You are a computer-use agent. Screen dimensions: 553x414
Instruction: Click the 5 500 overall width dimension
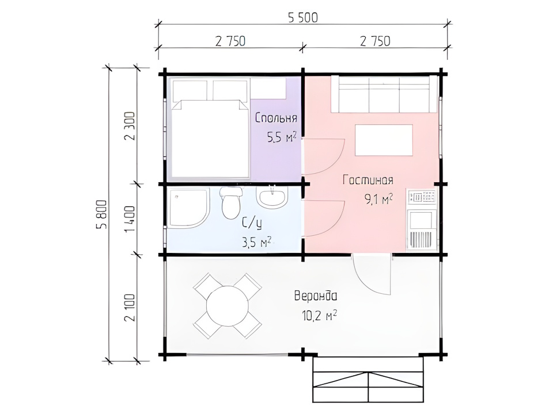coord(303,17)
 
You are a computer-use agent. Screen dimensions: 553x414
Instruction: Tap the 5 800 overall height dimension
coord(101,214)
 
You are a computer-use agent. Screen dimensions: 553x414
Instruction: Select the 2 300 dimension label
coord(130,126)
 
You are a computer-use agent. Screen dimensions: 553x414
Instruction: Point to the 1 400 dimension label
coord(130,219)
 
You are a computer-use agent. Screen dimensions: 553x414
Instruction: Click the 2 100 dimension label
coord(130,307)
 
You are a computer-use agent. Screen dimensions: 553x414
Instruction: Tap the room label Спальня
coord(276,118)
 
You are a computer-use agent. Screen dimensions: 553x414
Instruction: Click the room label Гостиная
coord(368,180)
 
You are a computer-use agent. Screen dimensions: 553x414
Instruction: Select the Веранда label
coord(316,296)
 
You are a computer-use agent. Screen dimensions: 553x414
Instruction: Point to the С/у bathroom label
coord(252,223)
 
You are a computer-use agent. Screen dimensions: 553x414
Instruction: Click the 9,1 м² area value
coord(379,200)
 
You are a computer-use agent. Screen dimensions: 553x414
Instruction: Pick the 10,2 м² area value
coord(319,315)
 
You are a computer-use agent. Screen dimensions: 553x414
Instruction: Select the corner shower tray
coord(190,208)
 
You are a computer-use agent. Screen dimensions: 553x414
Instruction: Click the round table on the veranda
coord(228,306)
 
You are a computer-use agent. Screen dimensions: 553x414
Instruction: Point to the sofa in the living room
coord(385,94)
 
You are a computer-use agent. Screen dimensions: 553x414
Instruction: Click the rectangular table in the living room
coord(384,140)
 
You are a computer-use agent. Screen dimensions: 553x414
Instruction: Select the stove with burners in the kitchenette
coord(422,197)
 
